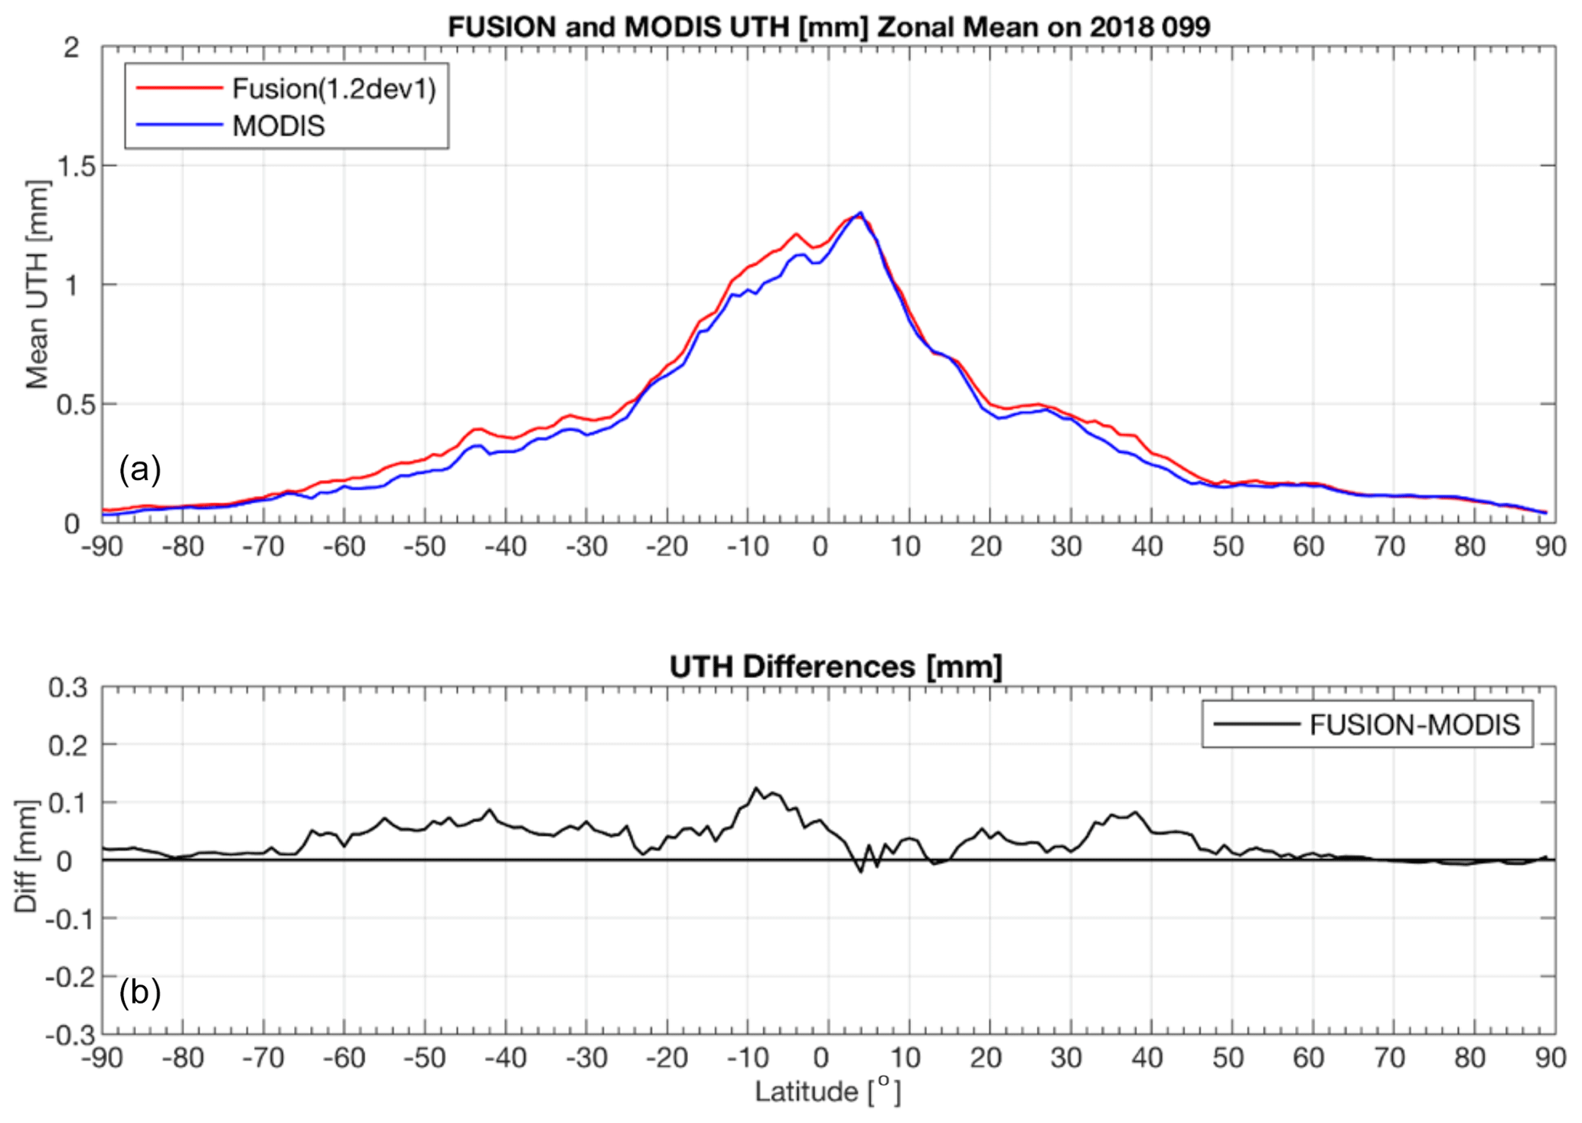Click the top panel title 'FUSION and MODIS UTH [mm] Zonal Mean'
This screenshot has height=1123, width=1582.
click(828, 27)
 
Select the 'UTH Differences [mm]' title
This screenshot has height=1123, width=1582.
click(835, 667)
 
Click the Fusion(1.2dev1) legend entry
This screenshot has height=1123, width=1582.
click(334, 89)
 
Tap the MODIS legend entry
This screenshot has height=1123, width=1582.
click(279, 126)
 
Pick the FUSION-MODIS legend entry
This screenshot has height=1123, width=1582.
click(1414, 724)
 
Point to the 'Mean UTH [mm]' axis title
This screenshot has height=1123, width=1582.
click(37, 285)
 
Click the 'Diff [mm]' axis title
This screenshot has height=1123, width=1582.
click(26, 856)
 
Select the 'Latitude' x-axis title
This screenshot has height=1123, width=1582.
click(827, 1091)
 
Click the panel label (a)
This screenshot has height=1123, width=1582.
click(139, 468)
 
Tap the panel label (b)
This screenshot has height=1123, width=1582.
click(139, 992)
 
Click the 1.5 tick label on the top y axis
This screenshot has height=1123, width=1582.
click(77, 166)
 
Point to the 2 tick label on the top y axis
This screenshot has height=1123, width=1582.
click(71, 48)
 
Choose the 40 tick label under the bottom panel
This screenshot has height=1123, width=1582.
click(1147, 1058)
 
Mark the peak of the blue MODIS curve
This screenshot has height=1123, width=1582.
click(860, 213)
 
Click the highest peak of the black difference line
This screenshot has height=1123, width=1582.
click(755, 788)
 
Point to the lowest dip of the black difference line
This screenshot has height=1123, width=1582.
click(860, 872)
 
